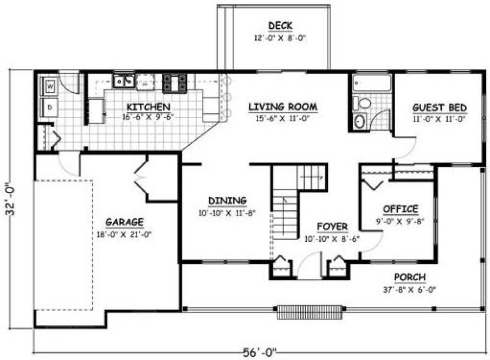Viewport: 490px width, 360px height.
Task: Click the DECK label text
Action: pyautogui.click(x=280, y=25)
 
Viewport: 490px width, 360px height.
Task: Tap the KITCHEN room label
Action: pyautogui.click(x=148, y=107)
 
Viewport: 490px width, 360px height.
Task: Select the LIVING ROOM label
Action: pyautogui.click(x=282, y=107)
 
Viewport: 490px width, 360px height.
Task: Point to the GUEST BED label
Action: pyautogui.click(x=440, y=107)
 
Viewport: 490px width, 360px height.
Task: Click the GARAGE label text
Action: pyautogui.click(x=124, y=222)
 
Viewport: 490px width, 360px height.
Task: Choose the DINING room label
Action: pyautogui.click(x=228, y=201)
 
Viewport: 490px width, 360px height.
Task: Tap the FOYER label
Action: pyautogui.click(x=333, y=227)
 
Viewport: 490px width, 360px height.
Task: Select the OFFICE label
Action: pyautogui.click(x=401, y=209)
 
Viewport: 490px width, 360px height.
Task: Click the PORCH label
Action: pyautogui.click(x=409, y=278)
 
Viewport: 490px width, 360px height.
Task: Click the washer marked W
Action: pyautogui.click(x=49, y=86)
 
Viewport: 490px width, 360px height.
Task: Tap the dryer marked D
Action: pyautogui.click(x=49, y=107)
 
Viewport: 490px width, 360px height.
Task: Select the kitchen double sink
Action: pyautogui.click(x=124, y=82)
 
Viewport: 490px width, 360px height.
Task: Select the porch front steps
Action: pyautogui.click(x=311, y=312)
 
